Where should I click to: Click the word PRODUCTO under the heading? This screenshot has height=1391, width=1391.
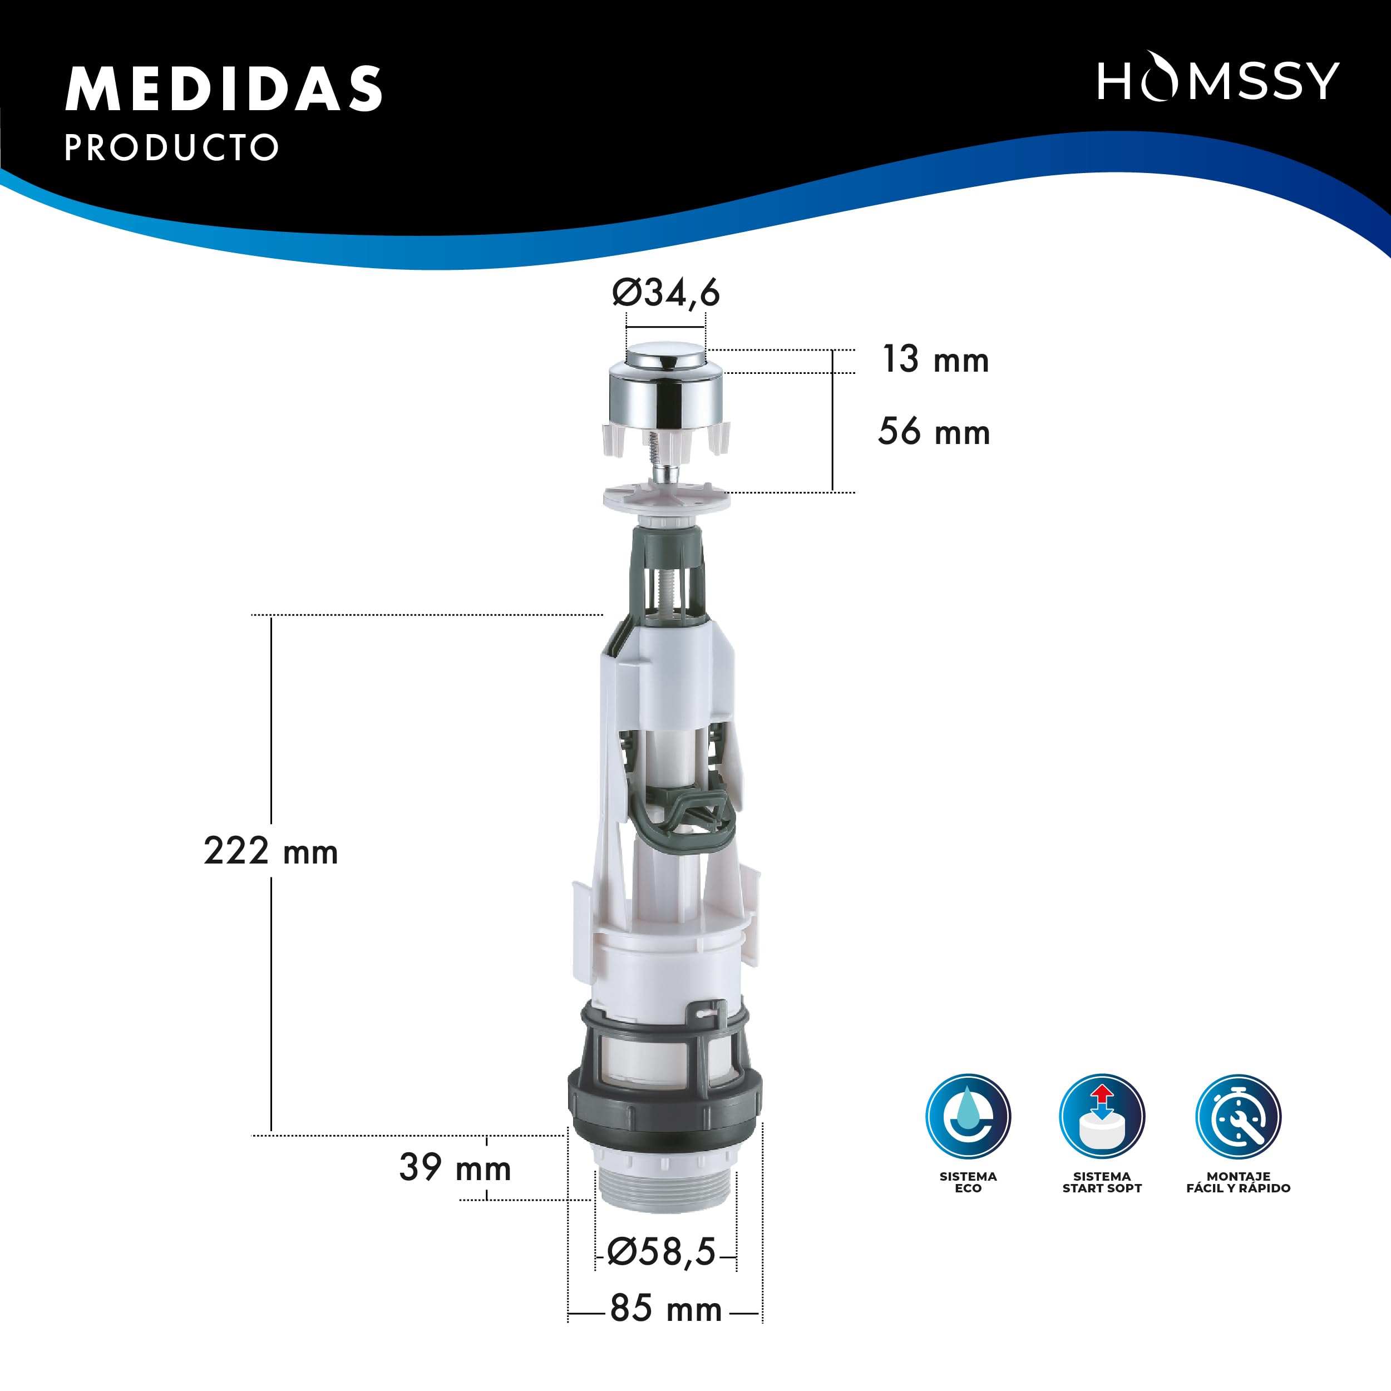(171, 147)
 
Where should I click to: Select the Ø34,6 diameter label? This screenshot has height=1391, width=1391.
(665, 293)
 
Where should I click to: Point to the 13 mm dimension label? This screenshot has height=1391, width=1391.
(935, 360)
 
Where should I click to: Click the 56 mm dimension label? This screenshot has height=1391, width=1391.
(934, 432)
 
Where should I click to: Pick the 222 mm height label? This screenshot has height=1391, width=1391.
(271, 851)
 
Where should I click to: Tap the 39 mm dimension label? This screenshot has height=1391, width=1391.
(455, 1168)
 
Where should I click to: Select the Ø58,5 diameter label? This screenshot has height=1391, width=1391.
(661, 1252)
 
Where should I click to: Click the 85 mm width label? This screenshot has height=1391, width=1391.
(665, 1309)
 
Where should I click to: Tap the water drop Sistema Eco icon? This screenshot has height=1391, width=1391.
(968, 1117)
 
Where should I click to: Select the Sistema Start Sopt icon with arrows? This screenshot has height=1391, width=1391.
(1102, 1117)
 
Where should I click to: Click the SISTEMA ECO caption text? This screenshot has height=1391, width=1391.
(968, 1182)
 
